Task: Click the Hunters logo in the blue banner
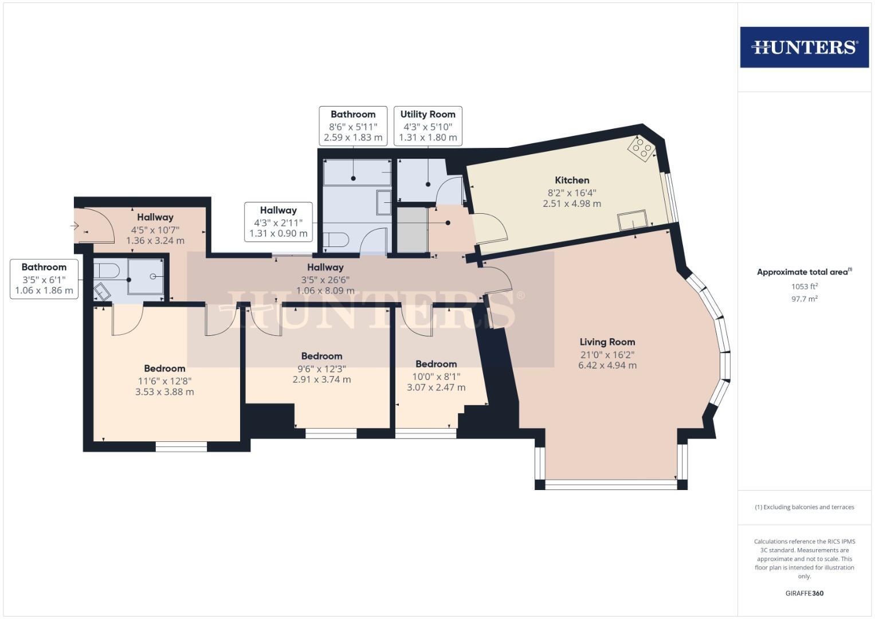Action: click(x=804, y=47)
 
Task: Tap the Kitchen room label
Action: click(x=571, y=180)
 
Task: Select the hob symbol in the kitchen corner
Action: click(x=641, y=148)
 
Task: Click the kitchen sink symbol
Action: click(x=632, y=220)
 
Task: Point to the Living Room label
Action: click(x=607, y=342)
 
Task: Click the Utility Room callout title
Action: click(x=427, y=114)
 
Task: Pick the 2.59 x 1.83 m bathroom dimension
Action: click(x=353, y=138)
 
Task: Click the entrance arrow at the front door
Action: click(x=74, y=226)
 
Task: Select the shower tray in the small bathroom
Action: click(x=146, y=276)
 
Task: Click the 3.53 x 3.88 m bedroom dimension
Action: click(x=164, y=392)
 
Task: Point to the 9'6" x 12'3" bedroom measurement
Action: click(x=321, y=369)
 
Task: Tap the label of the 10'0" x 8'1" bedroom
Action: click(x=436, y=364)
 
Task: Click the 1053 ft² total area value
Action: click(x=804, y=286)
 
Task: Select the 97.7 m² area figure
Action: click(x=804, y=298)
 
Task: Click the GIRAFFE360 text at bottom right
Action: click(x=804, y=593)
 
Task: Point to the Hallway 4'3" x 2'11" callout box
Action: click(x=278, y=222)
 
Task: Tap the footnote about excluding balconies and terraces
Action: click(x=804, y=507)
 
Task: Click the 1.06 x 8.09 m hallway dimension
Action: click(x=325, y=291)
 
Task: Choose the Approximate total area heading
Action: click(x=804, y=272)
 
